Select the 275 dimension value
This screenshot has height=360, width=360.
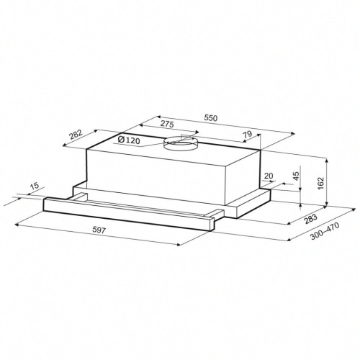click(167, 124)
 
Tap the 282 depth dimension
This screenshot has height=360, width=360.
click(76, 135)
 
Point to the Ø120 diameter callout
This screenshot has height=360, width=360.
click(129, 140)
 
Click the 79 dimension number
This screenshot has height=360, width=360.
click(248, 134)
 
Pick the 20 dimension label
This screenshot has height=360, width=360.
click(269, 176)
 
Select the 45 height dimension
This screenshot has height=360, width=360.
click(297, 176)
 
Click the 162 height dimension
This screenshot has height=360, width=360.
click(320, 183)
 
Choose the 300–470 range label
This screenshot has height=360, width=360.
click(325, 231)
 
